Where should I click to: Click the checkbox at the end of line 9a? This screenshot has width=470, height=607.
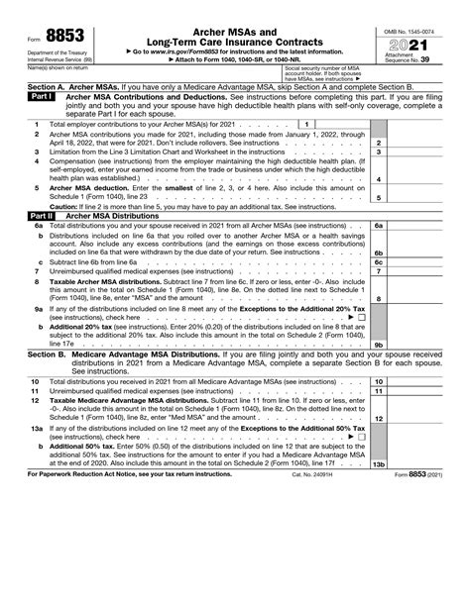362,317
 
